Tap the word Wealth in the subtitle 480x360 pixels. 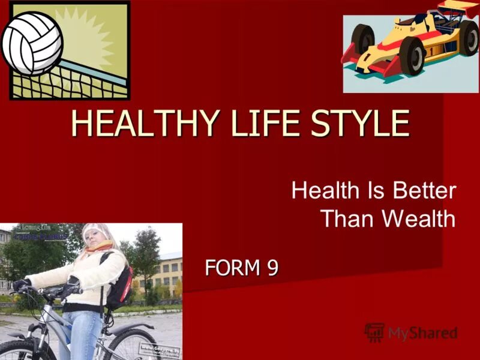pyautogui.click(x=419, y=218)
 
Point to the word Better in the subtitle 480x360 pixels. pyautogui.click(x=425, y=191)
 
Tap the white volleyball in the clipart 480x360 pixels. pyautogui.click(x=32, y=42)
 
